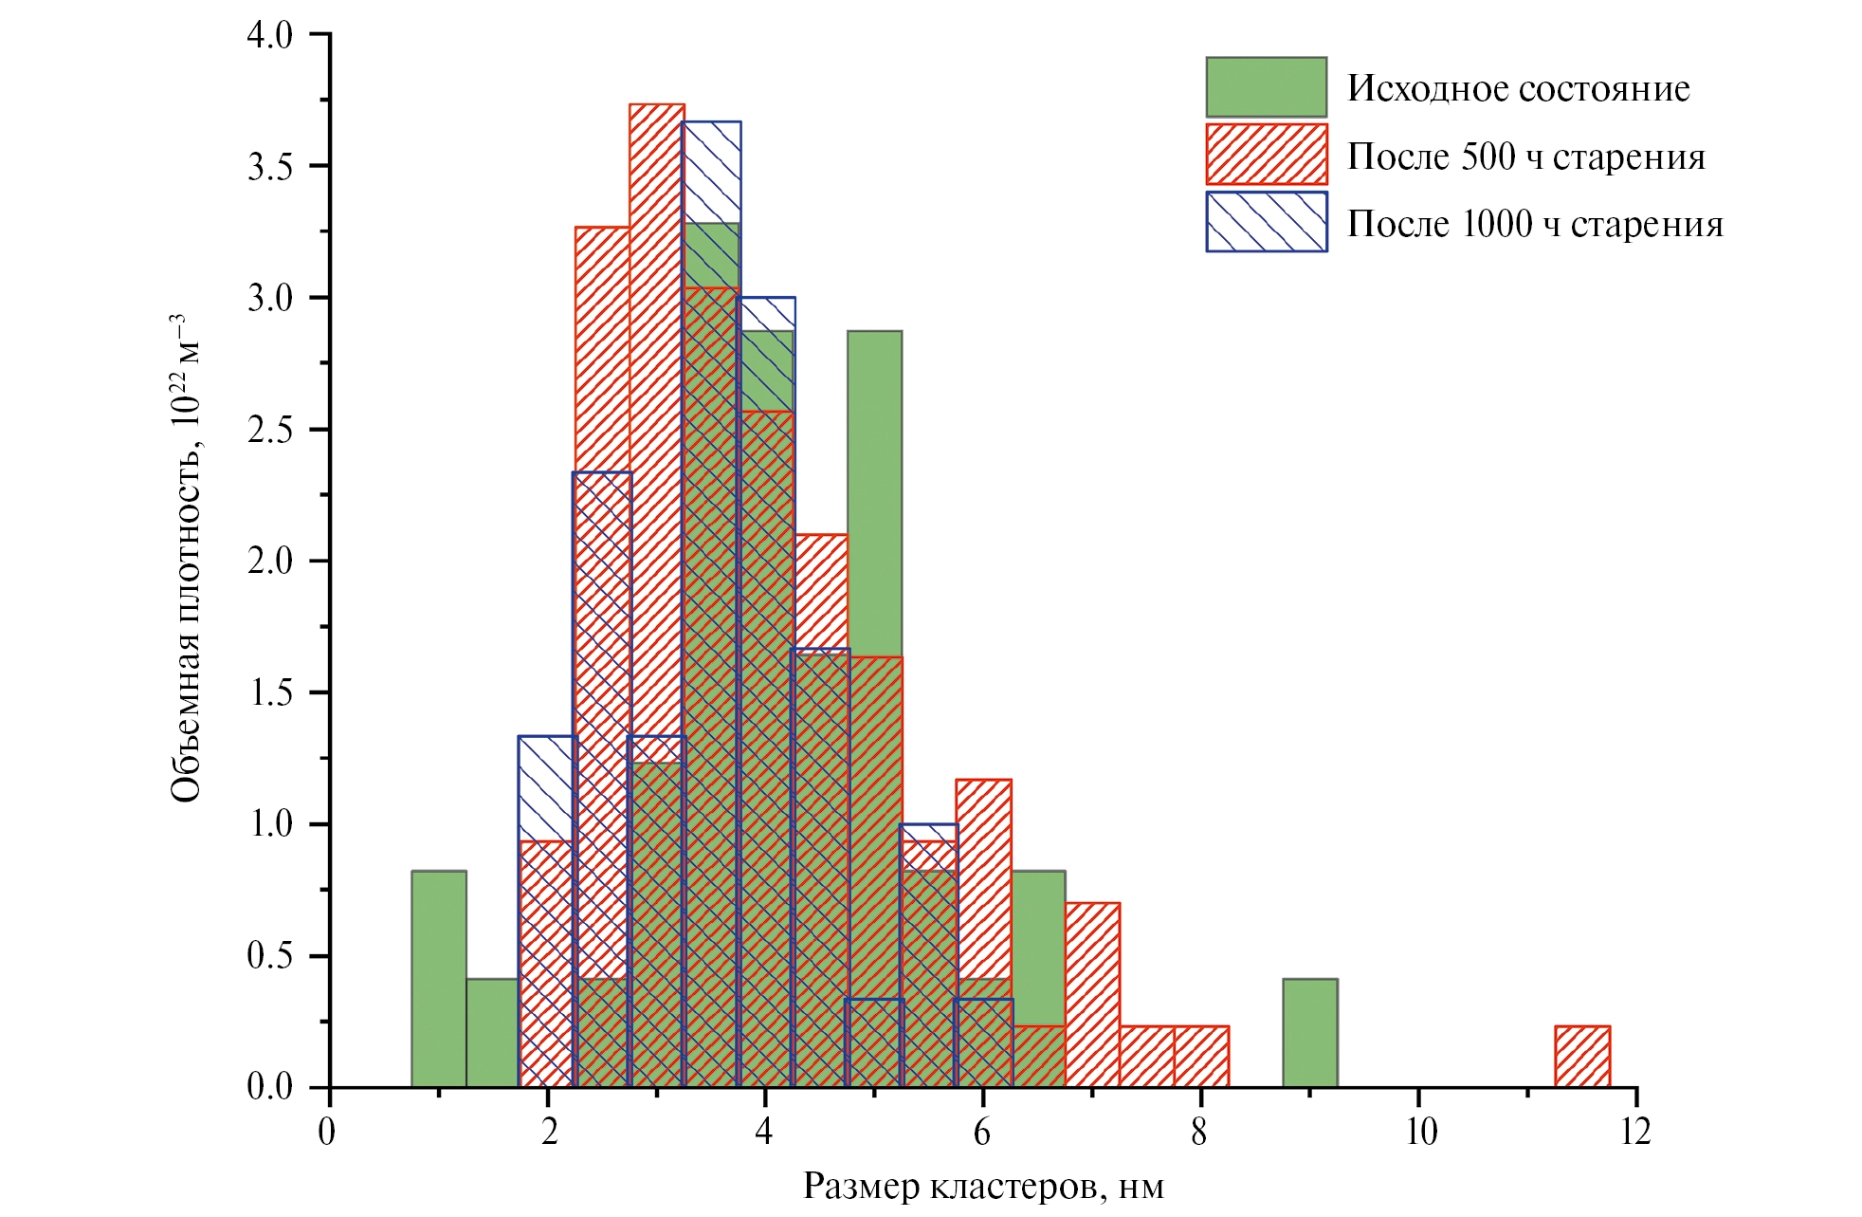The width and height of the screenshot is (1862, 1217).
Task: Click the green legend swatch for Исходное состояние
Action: tap(1266, 87)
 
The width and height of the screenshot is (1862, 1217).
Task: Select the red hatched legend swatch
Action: tap(1266, 155)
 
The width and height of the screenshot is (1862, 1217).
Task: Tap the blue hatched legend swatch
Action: tap(1266, 222)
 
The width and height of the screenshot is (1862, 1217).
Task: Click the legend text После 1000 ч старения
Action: tap(1535, 225)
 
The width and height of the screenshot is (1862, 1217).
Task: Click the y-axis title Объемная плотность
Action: tap(186, 560)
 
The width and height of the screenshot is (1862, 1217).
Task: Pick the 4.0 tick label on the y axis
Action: tap(270, 35)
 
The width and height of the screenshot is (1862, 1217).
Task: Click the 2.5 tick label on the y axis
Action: tap(270, 430)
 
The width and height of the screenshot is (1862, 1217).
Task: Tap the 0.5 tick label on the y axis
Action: tap(270, 956)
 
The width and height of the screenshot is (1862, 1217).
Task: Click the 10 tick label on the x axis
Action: tap(1419, 1132)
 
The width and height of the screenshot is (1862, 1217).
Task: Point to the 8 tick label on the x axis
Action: tap(1200, 1132)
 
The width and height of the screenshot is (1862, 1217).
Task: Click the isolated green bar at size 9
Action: tap(1309, 1033)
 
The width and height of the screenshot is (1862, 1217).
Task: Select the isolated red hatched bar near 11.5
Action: tap(1582, 1057)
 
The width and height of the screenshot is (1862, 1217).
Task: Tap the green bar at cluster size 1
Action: tap(439, 977)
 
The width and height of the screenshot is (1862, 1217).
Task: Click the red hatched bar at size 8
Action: tap(1201, 1057)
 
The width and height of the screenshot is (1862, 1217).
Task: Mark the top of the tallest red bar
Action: tap(657, 105)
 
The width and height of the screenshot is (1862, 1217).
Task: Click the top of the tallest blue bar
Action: tap(711, 122)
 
